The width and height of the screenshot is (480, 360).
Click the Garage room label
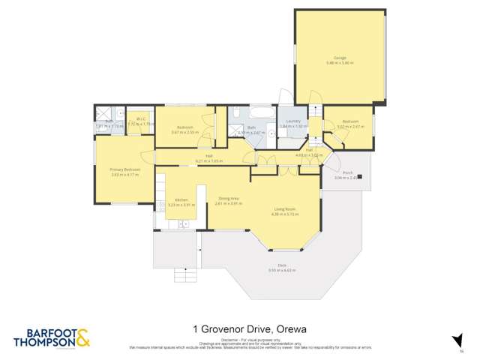[x=340, y=58]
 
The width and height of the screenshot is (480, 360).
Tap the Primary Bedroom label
[x=125, y=170]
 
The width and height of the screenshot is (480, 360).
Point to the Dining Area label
[x=228, y=199]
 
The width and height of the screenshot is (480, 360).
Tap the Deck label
[x=282, y=265]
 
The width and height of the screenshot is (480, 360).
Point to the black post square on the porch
[x=360, y=177]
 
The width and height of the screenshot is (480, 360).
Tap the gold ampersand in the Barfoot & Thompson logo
[x=82, y=338]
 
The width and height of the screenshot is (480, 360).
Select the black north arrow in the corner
[x=455, y=340]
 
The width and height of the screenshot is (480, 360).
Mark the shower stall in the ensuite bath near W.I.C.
[x=101, y=115]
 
